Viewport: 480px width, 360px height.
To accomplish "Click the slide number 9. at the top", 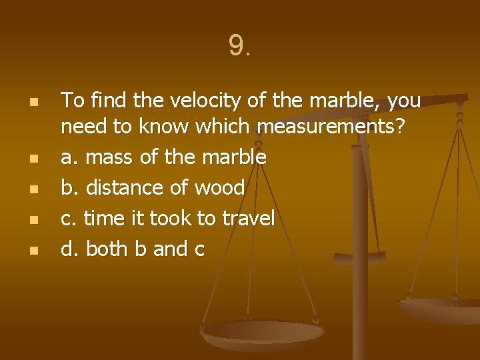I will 239,46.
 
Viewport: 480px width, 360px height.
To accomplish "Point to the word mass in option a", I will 109,158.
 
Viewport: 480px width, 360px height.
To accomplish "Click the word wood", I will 219,188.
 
